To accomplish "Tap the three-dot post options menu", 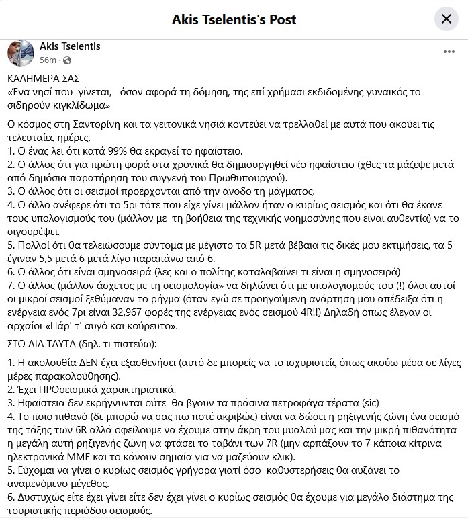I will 449,52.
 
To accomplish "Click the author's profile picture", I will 20,52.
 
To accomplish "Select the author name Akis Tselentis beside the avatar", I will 70,46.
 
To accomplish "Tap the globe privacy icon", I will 66,60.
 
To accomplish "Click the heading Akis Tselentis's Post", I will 234,19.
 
